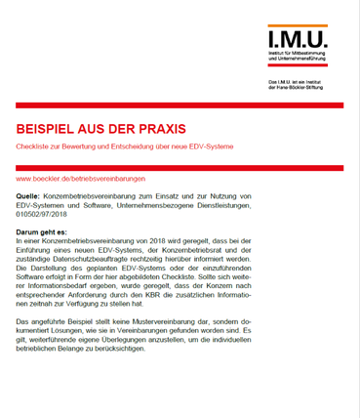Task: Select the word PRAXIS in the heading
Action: click(159, 129)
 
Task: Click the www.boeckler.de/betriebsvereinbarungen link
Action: click(81, 179)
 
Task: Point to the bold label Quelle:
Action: click(28, 197)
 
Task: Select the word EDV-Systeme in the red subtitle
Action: click(232, 146)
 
